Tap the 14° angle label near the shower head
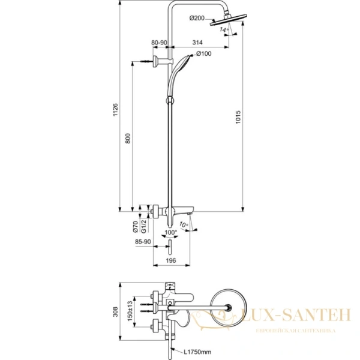[x=224, y=28]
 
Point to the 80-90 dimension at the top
[x=160, y=43]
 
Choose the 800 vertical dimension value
[x=127, y=138]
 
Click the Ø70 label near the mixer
[x=136, y=226]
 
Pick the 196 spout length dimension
[x=170, y=260]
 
